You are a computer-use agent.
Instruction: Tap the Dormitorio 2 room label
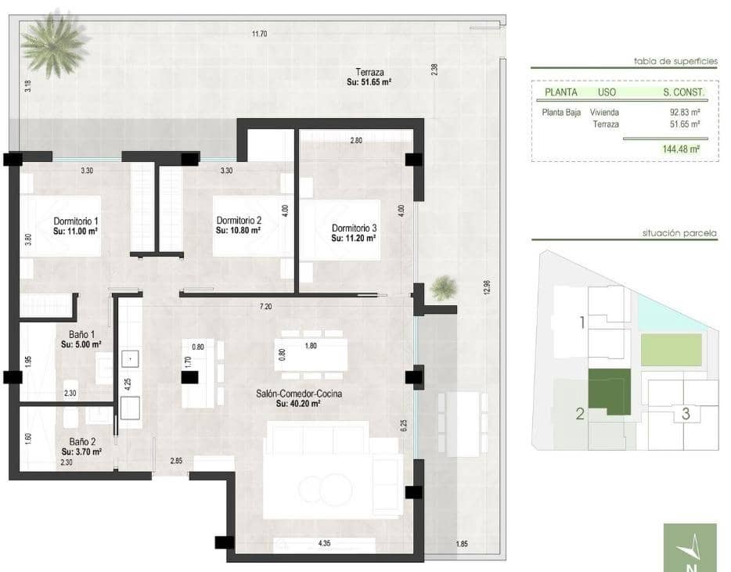239,221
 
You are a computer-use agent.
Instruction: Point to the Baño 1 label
77,334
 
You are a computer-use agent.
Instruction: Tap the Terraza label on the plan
369,72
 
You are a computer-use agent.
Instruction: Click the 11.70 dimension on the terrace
259,34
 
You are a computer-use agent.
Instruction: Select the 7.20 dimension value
266,306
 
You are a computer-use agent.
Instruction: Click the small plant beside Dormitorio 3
443,287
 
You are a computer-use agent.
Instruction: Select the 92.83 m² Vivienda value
684,112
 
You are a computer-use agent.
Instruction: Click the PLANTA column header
560,92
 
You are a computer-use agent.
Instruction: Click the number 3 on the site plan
686,414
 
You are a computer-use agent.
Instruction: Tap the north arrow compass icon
689,548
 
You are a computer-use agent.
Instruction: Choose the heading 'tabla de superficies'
675,60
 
